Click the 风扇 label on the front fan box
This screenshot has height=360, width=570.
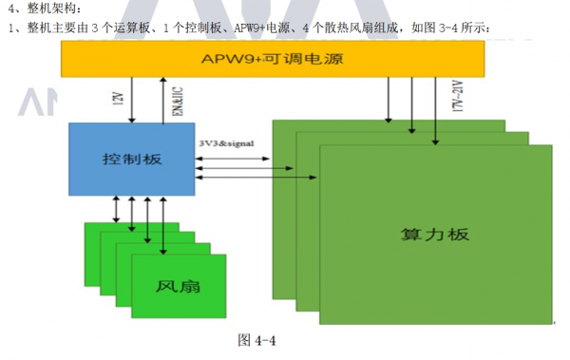[177, 286]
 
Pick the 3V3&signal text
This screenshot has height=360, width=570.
[226, 142]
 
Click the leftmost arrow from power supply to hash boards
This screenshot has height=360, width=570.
[388, 99]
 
